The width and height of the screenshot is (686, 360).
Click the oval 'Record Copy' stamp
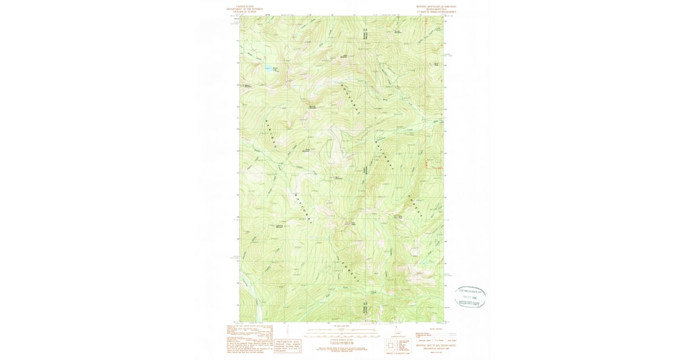[x=470, y=297]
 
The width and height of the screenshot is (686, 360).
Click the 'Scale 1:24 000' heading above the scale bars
[x=341, y=326]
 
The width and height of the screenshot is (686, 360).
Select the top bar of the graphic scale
[x=341, y=330]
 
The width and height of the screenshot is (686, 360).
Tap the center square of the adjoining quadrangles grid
[x=392, y=345]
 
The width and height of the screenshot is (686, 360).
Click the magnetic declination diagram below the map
[x=397, y=331]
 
